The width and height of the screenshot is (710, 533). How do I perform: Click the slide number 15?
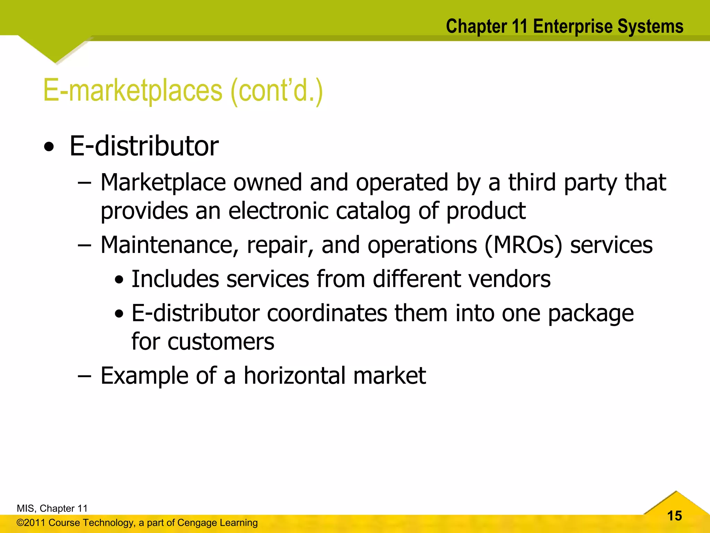pyautogui.click(x=674, y=516)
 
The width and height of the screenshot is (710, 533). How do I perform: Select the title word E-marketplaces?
pyautogui.click(x=132, y=91)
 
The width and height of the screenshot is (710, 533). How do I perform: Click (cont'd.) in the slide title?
pyautogui.click(x=276, y=91)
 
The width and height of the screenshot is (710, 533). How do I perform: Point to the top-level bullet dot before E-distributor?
pyautogui.click(x=49, y=147)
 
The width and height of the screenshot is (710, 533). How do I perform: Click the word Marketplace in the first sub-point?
pyautogui.click(x=163, y=182)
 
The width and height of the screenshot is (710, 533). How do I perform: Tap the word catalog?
pyautogui.click(x=373, y=211)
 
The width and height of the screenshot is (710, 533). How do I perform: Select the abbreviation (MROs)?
pyautogui.click(x=523, y=245)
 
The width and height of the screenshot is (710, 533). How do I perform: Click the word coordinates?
pyautogui.click(x=327, y=313)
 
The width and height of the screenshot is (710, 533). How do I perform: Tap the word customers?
pyautogui.click(x=221, y=342)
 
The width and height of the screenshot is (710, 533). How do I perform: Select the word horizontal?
pyautogui.click(x=295, y=375)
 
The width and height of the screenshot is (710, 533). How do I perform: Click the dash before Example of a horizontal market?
pyautogui.click(x=84, y=376)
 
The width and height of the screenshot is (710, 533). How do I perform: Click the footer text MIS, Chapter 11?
pyautogui.click(x=52, y=508)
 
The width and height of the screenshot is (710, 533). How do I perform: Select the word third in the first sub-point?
pyautogui.click(x=532, y=182)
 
